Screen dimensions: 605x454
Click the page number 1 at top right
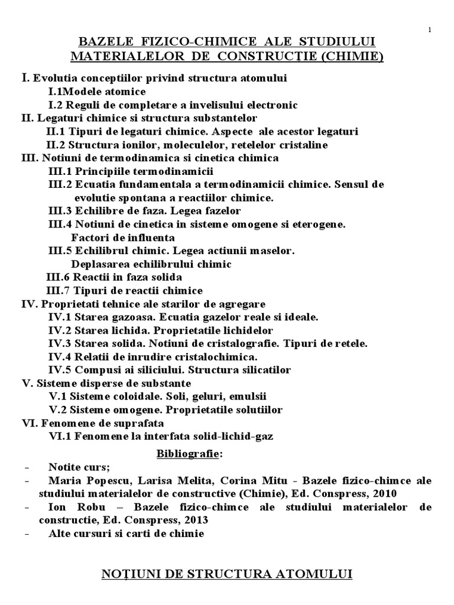pos(429,30)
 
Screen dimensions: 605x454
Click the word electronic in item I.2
pos(269,105)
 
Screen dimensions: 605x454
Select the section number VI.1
pos(59,437)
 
